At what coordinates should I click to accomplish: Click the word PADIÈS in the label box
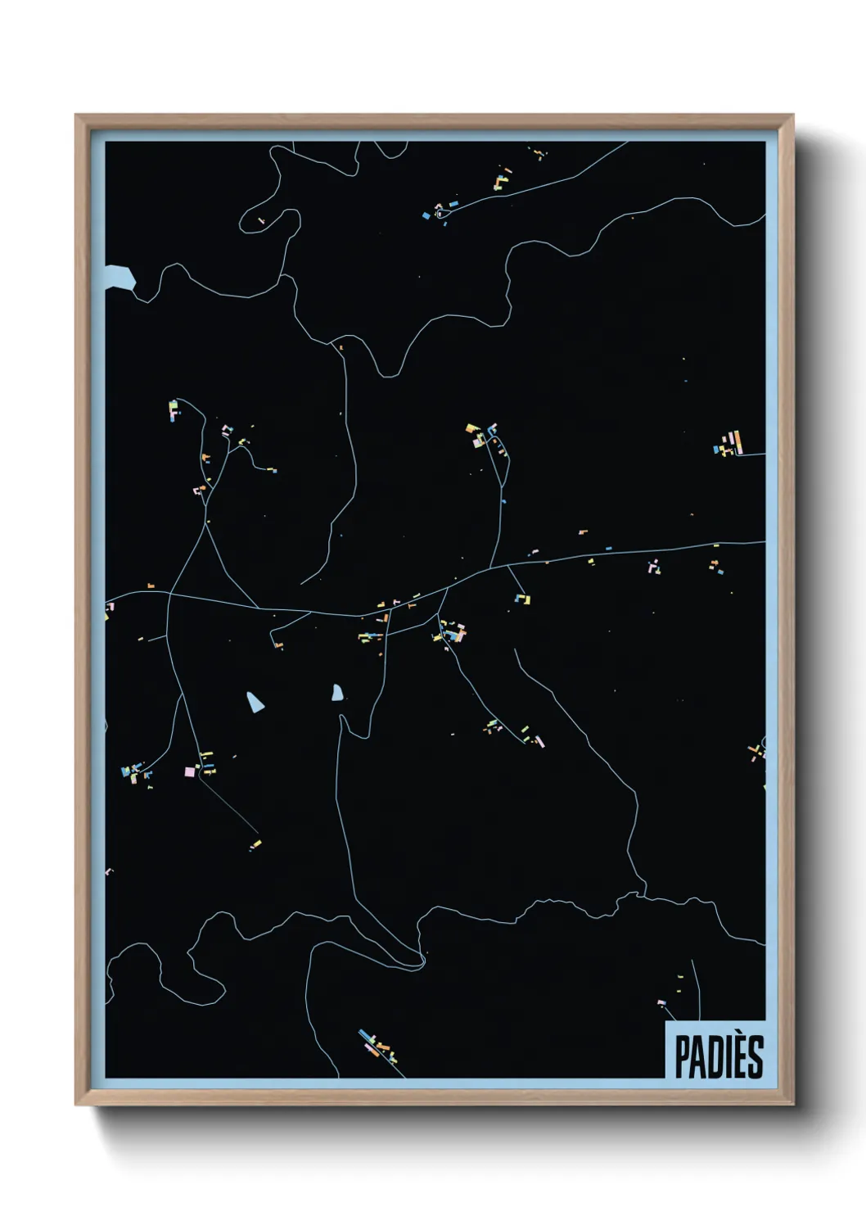719,1056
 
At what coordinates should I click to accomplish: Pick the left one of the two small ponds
255,702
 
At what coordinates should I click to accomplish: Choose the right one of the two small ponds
337,693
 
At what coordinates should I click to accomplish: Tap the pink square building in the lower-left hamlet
190,771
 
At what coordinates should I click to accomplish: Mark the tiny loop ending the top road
443,214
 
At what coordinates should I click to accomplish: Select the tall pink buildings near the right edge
736,441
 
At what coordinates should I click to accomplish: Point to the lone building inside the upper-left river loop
261,219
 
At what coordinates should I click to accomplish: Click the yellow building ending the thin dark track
255,844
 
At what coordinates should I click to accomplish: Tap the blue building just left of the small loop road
426,215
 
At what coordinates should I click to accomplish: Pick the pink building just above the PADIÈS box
661,1002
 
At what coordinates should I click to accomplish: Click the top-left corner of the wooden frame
76,115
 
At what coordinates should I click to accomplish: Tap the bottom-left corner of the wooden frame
76,1105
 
